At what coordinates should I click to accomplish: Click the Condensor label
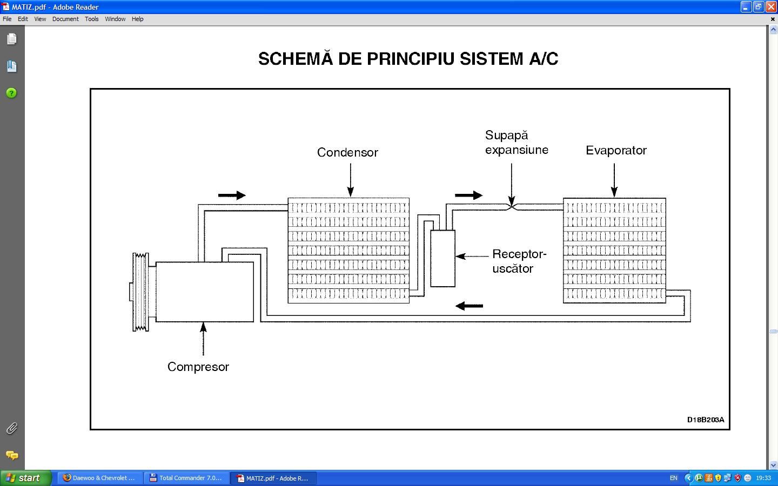coord(347,152)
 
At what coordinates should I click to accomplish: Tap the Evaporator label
coord(616,150)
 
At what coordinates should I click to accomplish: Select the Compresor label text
coord(198,367)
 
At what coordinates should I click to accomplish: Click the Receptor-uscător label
coord(519,261)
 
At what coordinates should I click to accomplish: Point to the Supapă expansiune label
coord(516,143)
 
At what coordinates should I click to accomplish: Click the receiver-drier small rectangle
coord(442,258)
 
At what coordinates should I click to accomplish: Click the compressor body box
coord(205,292)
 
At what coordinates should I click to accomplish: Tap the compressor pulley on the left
coord(141,292)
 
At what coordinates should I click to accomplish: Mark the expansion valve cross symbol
coord(512,206)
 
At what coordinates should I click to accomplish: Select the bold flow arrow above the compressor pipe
coord(232,195)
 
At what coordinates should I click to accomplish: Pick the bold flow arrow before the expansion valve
coord(468,195)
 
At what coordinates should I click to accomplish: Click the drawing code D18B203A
coord(705,420)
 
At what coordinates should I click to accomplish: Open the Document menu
coord(65,19)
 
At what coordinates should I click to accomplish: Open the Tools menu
coord(92,19)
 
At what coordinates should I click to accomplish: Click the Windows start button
coord(24,478)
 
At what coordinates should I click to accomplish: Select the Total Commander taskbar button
coord(187,478)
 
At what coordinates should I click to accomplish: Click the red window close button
coord(771,7)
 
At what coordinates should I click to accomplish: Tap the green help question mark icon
coord(11,93)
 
